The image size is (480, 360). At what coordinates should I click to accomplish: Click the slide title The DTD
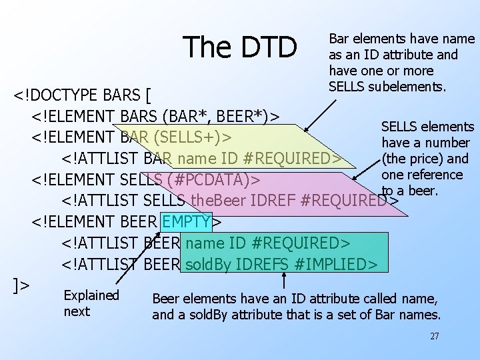241,47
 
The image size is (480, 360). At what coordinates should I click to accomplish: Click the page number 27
434,337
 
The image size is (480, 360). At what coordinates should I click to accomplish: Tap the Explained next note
91,303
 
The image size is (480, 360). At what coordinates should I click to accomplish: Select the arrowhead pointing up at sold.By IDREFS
285,275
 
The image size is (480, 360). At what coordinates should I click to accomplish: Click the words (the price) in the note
425,159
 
